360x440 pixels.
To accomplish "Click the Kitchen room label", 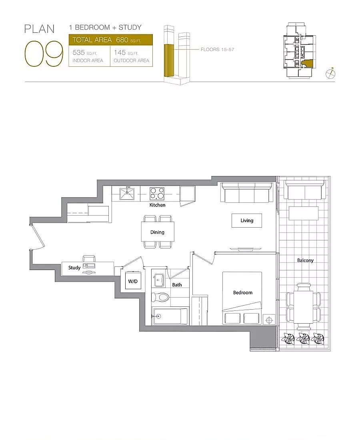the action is click(157, 205).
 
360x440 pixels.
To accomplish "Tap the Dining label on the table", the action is click(157, 232).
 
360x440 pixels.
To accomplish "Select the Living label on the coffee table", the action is click(247, 220).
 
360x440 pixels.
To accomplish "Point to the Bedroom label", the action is click(242, 292).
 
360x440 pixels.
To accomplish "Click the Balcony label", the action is click(305, 260).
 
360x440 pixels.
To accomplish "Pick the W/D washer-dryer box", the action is click(133, 281).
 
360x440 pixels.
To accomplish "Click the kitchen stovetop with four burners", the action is click(157, 193).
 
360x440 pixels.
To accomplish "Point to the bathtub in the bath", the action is click(170, 316).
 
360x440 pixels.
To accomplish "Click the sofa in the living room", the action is click(247, 192).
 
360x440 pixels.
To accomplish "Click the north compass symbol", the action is click(330, 73).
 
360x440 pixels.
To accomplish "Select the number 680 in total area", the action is click(122, 40).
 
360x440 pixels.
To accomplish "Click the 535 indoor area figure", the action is click(78, 52).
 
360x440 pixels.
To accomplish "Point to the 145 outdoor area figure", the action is click(120, 52).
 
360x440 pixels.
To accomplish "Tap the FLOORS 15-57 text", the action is click(217, 49).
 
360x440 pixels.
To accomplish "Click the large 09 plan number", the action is click(44, 54).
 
